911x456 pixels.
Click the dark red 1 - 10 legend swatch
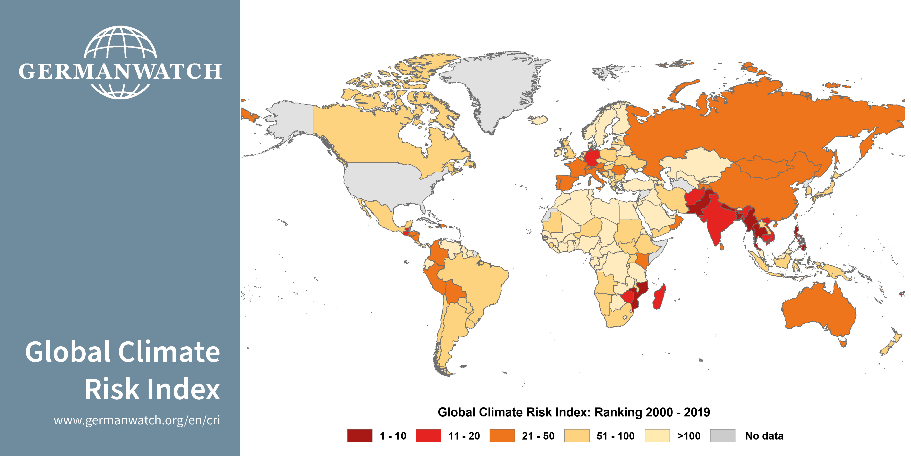[x=360, y=435]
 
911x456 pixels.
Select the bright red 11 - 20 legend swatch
[x=428, y=435]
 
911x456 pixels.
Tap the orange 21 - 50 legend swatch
[x=502, y=435]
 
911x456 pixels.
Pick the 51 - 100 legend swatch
[x=577, y=435]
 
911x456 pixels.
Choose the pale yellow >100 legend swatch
[x=657, y=435]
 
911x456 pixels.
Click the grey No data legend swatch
[x=722, y=435]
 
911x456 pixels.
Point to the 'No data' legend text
[x=764, y=436]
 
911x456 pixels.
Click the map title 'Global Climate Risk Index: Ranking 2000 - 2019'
[x=574, y=412]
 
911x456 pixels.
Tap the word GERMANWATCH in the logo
[x=120, y=72]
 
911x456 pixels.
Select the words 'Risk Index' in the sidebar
[x=152, y=390]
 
